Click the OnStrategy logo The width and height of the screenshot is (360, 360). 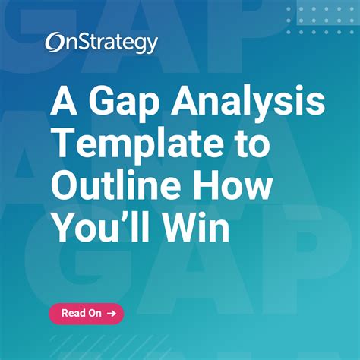pos(101,43)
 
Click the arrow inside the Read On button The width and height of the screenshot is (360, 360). pos(112,313)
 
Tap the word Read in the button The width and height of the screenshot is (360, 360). pos(72,313)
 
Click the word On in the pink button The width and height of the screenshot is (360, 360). pos(94,313)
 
